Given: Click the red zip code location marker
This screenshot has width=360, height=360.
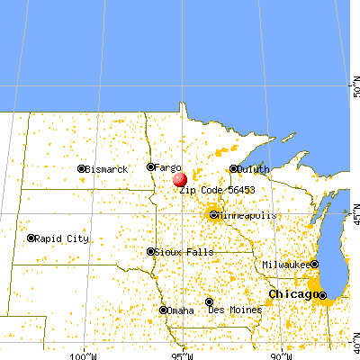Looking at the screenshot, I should [180, 179].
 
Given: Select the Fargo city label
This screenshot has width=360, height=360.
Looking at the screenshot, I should [167, 167].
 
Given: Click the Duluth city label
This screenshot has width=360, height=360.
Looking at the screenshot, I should [254, 168].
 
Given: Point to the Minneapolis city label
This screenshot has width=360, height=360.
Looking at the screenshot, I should [247, 216].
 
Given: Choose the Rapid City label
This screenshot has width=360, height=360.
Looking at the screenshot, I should [63, 238].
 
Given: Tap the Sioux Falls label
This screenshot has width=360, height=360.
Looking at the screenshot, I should [184, 253].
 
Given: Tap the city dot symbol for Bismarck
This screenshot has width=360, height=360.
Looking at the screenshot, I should [81, 169].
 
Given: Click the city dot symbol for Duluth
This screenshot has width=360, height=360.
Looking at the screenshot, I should [233, 168].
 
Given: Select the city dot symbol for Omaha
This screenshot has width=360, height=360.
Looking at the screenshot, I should [163, 310].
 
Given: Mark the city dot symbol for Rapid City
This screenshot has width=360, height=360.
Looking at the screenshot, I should [31, 238].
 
